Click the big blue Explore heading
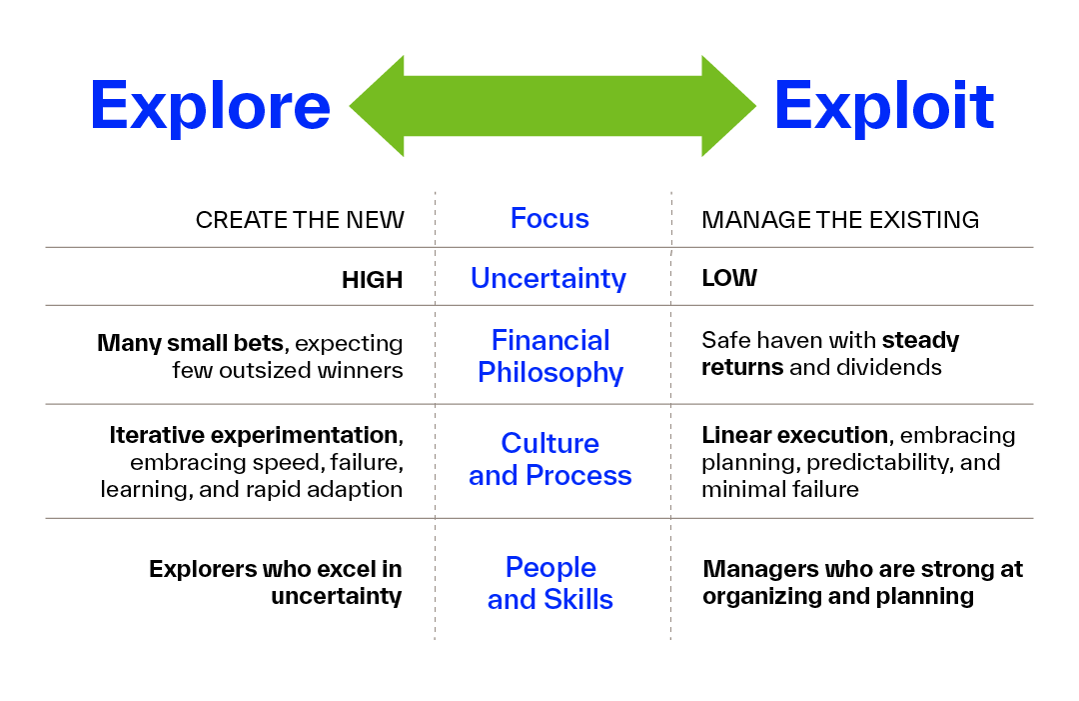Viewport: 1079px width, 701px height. (210, 106)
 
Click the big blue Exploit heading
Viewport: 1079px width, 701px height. (884, 106)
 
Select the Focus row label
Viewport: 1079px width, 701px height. (549, 219)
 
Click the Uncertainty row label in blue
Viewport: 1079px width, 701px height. (548, 278)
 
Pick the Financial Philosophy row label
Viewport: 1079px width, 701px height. (550, 356)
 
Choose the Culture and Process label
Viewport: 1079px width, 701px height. (550, 459)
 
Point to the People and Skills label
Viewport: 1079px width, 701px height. (550, 583)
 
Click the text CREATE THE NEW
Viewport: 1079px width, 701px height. (300, 220)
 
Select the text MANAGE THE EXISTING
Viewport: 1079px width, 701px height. (840, 220)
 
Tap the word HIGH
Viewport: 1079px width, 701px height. (372, 280)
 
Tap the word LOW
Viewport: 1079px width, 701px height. (729, 279)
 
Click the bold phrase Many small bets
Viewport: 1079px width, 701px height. (190, 343)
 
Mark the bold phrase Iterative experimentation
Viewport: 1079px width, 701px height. (254, 435)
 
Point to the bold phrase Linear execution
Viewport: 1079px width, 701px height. (794, 435)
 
